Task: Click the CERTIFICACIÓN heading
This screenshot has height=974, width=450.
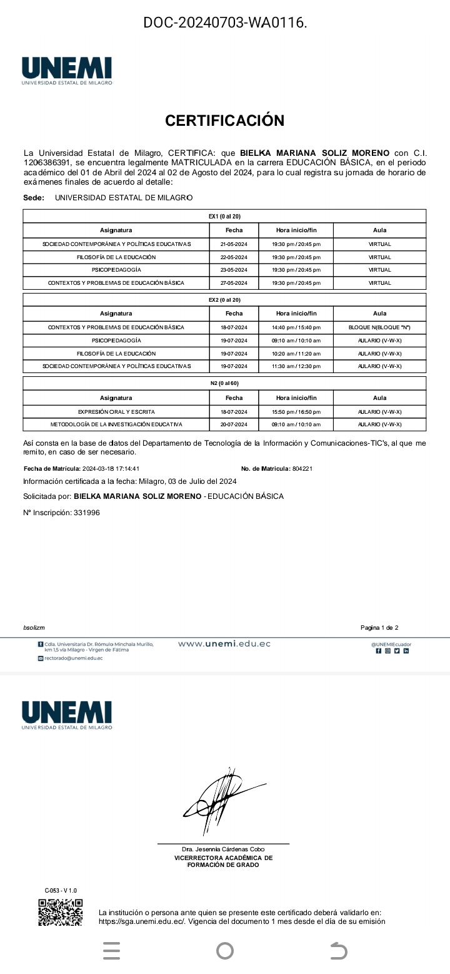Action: [225, 121]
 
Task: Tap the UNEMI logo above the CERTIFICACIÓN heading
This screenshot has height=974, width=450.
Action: [67, 71]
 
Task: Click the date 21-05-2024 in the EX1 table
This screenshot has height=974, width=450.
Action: [234, 244]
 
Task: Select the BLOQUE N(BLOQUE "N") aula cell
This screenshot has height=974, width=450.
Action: [379, 327]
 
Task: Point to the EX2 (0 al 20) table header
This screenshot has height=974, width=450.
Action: [224, 300]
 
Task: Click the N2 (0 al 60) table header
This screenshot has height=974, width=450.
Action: [224, 383]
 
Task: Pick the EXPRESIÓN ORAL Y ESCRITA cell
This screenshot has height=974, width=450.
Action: [116, 412]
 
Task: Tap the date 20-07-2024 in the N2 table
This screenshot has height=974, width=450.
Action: [234, 424]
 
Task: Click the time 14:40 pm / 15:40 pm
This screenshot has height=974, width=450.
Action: [296, 327]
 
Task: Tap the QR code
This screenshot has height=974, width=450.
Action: [60, 913]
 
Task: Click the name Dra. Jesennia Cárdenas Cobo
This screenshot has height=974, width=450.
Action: [223, 849]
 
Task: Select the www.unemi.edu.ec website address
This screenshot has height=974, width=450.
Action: [224, 643]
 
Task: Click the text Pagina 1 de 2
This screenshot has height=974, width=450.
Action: [379, 627]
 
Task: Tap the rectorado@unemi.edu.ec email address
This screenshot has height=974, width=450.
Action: [73, 658]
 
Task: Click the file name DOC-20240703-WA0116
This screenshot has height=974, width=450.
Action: [225, 23]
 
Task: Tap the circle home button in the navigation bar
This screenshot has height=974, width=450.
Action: [225, 951]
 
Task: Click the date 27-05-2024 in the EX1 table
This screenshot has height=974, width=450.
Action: [234, 283]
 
